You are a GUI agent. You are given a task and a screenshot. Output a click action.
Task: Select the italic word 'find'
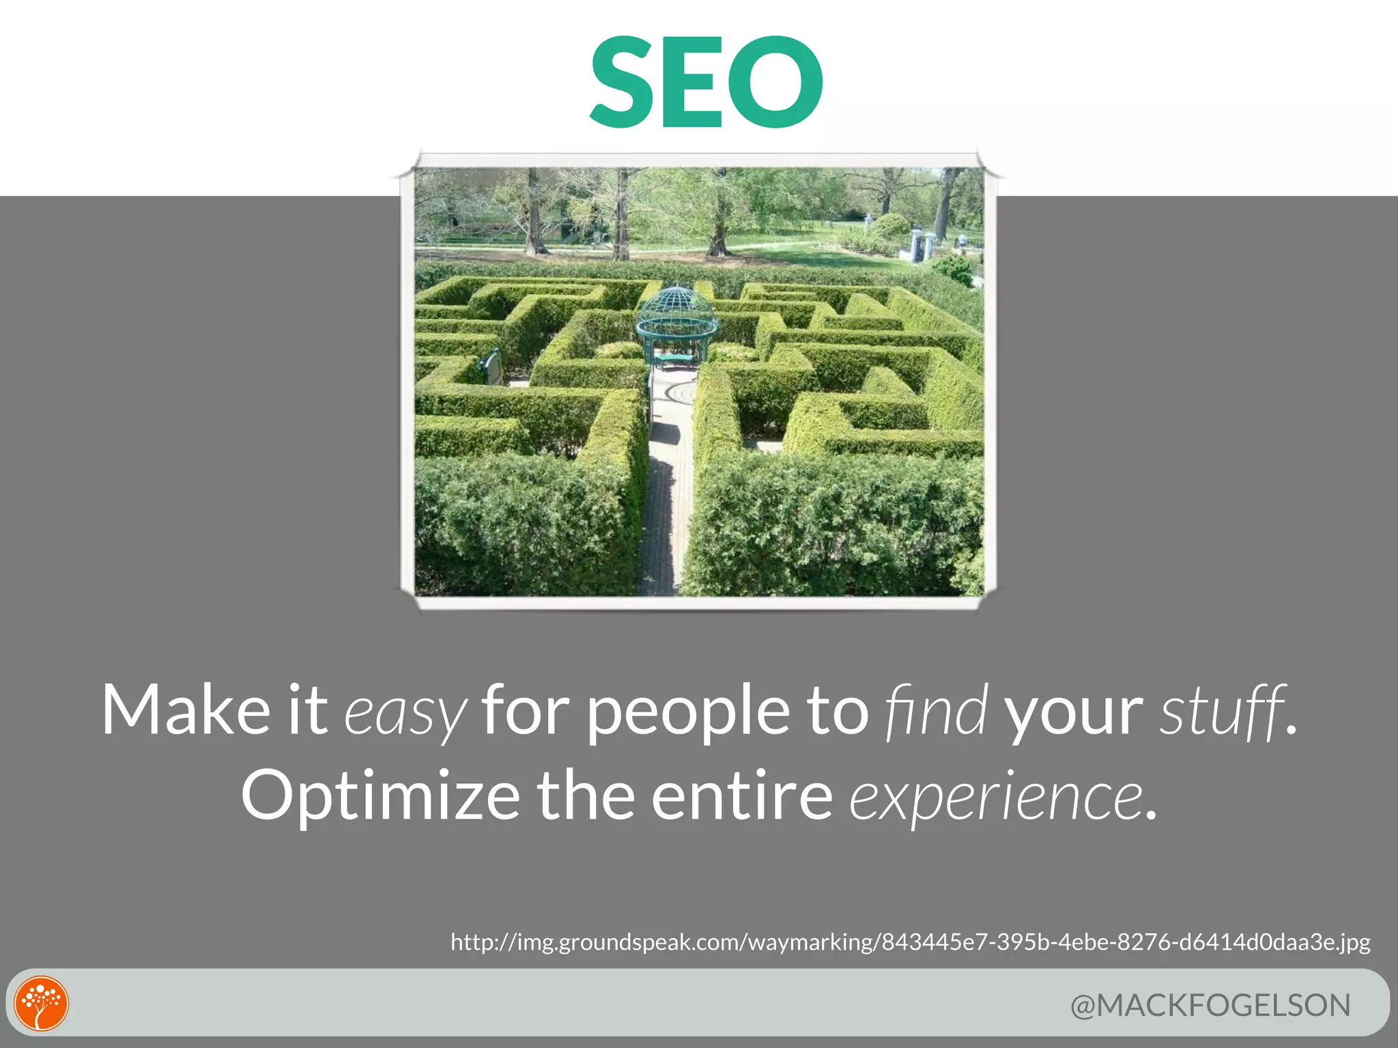click(936, 711)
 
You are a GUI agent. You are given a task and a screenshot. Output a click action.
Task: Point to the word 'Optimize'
click(380, 797)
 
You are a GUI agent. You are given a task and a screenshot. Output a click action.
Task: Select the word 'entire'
click(742, 796)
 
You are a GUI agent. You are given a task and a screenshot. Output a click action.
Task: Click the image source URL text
click(910, 942)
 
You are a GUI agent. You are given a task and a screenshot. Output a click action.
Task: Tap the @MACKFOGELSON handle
click(1210, 1006)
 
